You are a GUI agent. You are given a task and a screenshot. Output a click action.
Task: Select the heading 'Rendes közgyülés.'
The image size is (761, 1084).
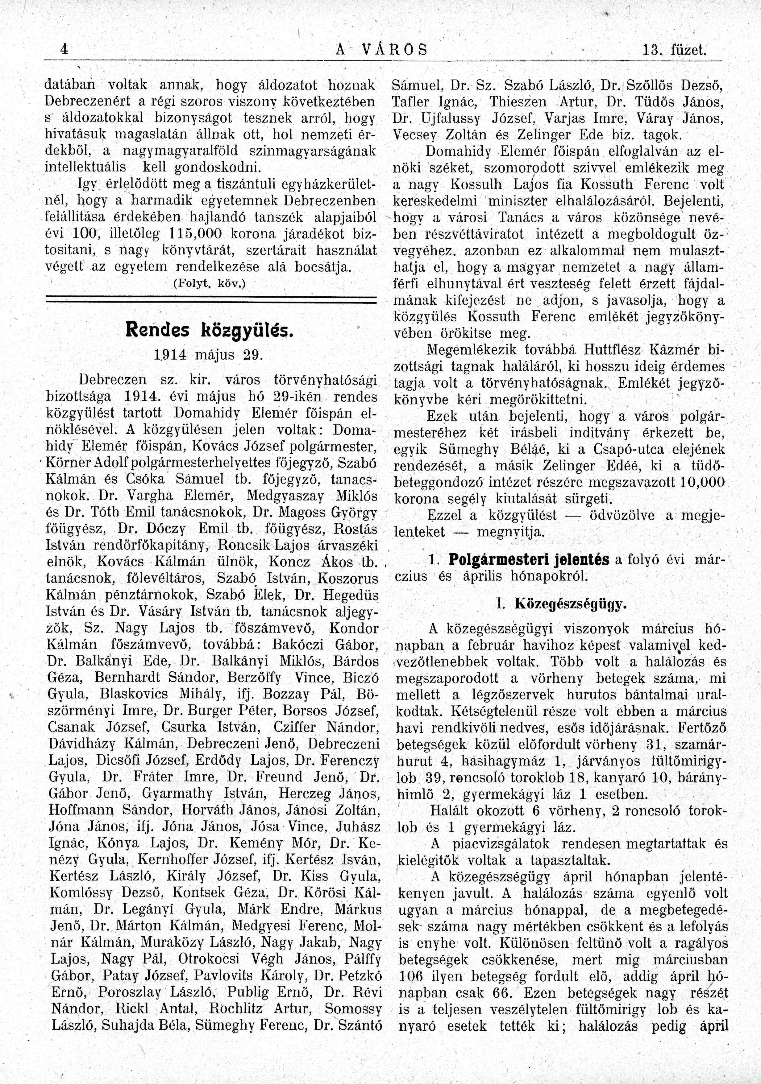[209, 330]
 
